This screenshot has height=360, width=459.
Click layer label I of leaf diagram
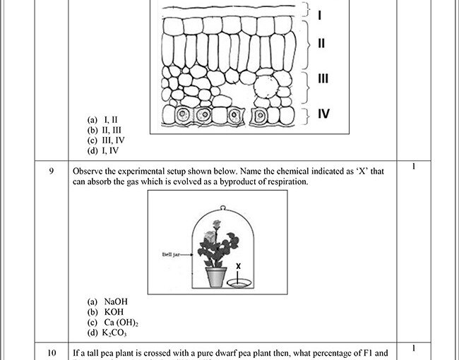(320, 14)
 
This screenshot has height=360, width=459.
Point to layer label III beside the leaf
(323, 78)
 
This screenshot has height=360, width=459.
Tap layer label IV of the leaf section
(323, 113)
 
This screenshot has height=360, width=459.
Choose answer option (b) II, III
(104, 130)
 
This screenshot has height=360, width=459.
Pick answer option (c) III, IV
(105, 140)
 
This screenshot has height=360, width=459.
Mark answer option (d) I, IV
(103, 150)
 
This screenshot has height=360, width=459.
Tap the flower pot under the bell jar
(216, 276)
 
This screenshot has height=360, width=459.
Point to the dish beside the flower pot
(239, 284)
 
